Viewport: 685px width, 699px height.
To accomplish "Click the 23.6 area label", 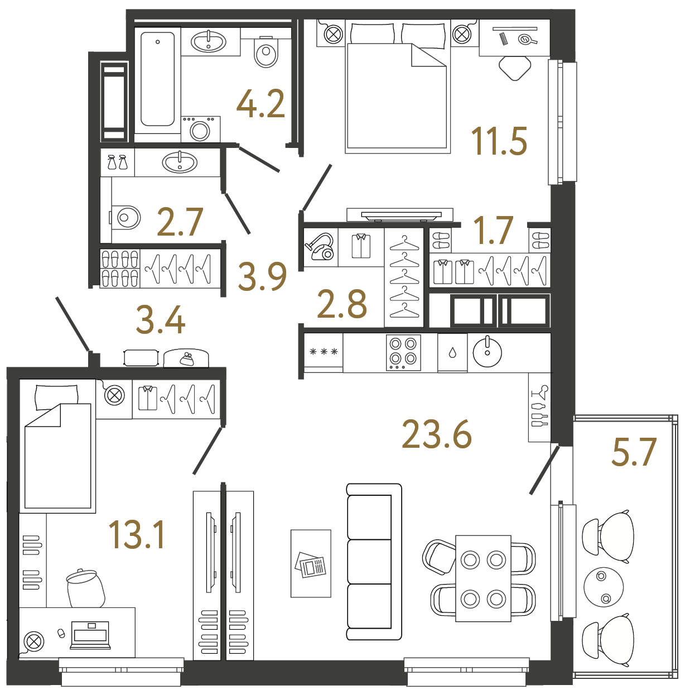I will coord(437,434).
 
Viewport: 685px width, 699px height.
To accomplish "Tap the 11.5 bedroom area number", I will coord(499,141).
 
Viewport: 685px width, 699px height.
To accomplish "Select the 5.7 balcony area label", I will coord(634,452).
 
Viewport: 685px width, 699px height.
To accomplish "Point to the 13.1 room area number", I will coord(137,535).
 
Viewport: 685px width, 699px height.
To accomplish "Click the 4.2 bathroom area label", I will coord(261,104).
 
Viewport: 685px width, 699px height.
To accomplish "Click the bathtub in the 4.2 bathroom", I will coord(157,79).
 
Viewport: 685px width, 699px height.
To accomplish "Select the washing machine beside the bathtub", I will coord(200,130).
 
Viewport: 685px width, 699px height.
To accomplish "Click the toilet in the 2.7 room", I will coord(126,217).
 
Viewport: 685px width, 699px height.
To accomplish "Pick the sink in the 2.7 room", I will coord(180,162).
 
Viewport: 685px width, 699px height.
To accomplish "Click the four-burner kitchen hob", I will coord(403,352).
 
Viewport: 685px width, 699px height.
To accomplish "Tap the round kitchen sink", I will coord(487,352).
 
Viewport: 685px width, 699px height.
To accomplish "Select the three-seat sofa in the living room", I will coord(374,561).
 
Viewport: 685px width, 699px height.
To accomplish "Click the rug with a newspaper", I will coord(311,564).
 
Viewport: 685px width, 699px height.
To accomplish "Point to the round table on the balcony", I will coord(603,587).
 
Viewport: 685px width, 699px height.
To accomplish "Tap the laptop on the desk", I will coord(90,635).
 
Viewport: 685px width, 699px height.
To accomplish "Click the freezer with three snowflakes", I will coord(324,352).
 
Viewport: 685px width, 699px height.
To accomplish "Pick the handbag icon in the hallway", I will coord(186,358).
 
